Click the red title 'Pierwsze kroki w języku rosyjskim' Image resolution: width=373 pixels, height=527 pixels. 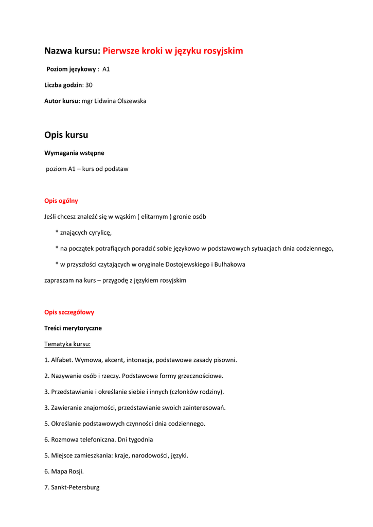(x=172, y=51)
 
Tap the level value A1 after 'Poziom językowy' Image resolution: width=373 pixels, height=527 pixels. (x=106, y=69)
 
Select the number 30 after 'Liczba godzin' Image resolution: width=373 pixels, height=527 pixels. (x=89, y=85)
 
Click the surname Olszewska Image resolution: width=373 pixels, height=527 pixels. (x=130, y=101)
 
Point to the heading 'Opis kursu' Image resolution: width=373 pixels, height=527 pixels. (x=66, y=135)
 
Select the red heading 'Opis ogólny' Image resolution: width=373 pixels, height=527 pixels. (x=61, y=201)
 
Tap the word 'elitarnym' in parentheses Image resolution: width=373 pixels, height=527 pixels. (x=154, y=217)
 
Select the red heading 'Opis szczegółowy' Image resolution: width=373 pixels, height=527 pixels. (x=69, y=312)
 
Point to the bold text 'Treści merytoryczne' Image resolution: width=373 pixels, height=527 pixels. (x=73, y=328)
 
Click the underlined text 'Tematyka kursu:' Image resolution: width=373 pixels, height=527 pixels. (x=67, y=344)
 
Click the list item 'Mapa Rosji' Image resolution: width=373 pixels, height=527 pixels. (x=67, y=471)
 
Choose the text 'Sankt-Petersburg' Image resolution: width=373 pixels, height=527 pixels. (x=75, y=487)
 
